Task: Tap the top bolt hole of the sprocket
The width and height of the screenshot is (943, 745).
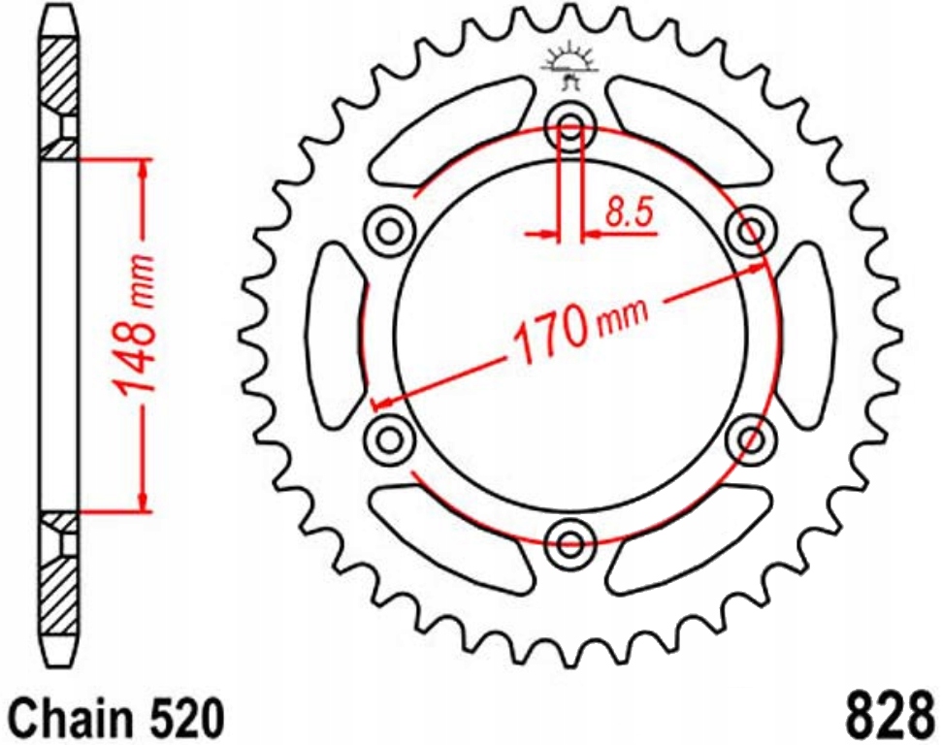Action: pyautogui.click(x=570, y=127)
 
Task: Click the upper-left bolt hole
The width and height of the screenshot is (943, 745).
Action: pyautogui.click(x=391, y=231)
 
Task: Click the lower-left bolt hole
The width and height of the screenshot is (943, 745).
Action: pyautogui.click(x=390, y=437)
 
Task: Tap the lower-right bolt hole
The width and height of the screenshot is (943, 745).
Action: pyautogui.click(x=750, y=437)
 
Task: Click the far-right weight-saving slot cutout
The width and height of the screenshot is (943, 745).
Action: pyautogui.click(x=807, y=335)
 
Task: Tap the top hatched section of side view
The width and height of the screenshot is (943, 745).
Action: pyautogui.click(x=58, y=78)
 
